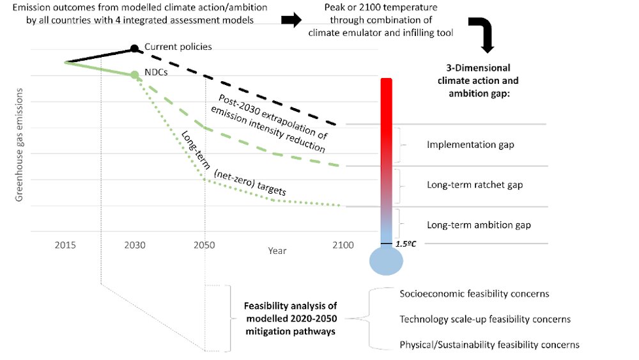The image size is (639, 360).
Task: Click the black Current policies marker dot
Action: tap(134, 49)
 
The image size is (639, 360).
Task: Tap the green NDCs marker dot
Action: tap(134, 75)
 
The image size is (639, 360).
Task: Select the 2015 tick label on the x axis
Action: tap(66, 245)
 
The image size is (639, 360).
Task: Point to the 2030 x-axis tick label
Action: tap(134, 245)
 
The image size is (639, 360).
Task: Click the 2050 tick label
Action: tap(204, 245)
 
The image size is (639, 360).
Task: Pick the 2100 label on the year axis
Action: tap(343, 245)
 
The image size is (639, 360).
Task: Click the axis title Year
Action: tap(277, 251)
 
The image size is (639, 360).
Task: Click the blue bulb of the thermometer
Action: tap(386, 261)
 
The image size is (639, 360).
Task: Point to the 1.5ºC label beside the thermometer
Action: tap(405, 244)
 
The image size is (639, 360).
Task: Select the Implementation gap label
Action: tap(470, 145)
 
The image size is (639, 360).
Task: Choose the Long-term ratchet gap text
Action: tap(475, 185)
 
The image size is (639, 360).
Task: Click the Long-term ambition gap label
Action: tap(479, 225)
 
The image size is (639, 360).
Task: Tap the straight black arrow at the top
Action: tap(291, 21)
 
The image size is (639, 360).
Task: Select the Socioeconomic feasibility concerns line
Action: tap(474, 294)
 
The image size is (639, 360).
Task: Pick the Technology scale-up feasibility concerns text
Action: tap(485, 319)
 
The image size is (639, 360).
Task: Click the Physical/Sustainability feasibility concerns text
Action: tap(489, 345)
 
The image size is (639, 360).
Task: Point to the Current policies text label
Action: tap(178, 47)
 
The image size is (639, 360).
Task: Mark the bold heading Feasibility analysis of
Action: tap(291, 307)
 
